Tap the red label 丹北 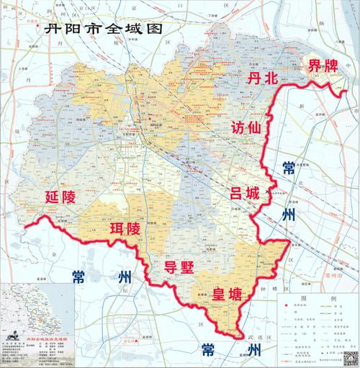262,79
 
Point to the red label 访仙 246,127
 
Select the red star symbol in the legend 286,306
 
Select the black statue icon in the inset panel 12,336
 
